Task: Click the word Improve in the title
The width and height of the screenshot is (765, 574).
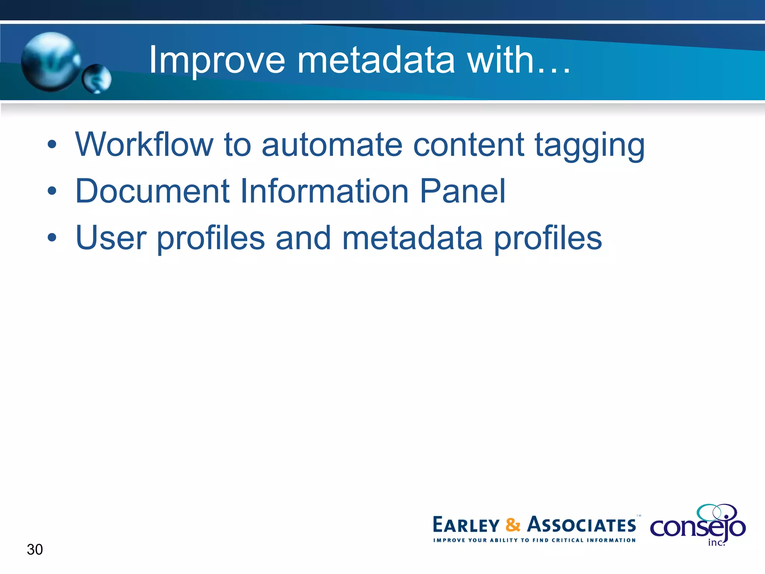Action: (217, 61)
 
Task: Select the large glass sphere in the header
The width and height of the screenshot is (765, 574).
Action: (50, 62)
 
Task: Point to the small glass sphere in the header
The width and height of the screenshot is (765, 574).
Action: (96, 79)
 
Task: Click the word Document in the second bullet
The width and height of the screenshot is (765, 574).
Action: (152, 191)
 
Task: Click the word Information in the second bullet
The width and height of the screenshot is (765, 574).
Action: (324, 191)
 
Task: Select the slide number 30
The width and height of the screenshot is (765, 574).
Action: (35, 549)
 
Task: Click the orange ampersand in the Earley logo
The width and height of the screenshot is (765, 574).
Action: (513, 525)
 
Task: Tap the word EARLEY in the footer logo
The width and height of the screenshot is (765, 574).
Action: (466, 525)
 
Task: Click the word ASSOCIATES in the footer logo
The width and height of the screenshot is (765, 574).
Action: (581, 525)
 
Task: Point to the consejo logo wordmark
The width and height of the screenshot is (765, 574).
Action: (697, 527)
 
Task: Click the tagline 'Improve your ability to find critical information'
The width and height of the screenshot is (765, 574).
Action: (534, 540)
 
